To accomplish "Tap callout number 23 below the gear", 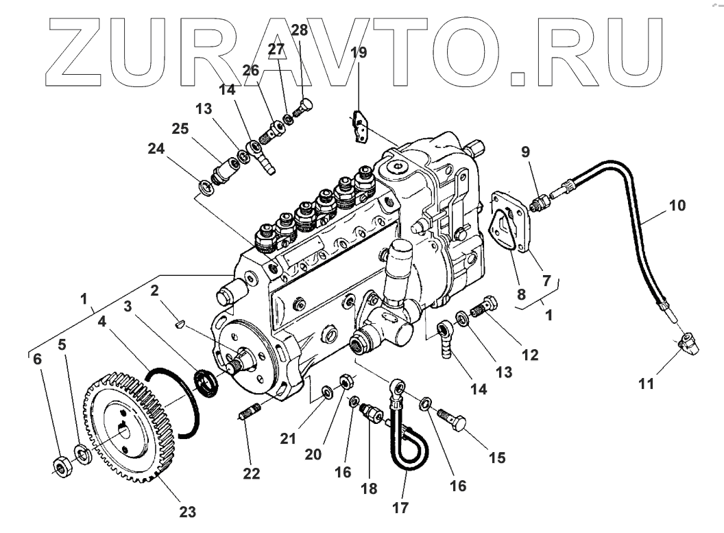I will point(187,511).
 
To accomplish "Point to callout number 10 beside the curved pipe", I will point(676,205).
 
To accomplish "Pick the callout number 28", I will point(299,29).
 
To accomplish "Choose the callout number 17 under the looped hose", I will point(401,508).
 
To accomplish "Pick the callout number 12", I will point(529,355).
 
